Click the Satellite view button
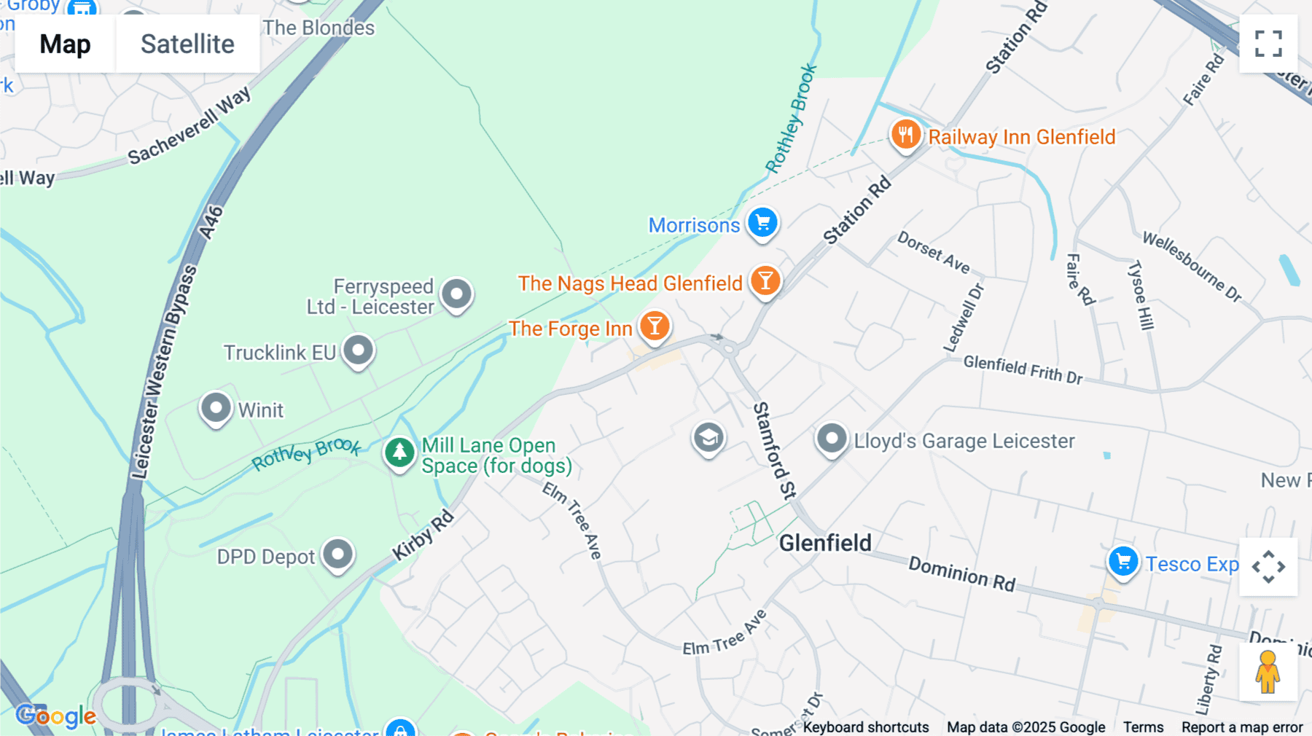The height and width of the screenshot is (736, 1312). tap(187, 44)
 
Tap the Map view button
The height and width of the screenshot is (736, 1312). tap(65, 44)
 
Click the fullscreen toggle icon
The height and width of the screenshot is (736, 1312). tap(1268, 44)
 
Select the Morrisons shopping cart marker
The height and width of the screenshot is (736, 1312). tap(762, 222)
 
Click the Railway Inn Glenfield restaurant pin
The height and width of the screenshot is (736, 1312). tap(905, 135)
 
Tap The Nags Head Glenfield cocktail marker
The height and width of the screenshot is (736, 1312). tap(765, 281)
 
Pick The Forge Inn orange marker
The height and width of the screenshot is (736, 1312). tap(655, 326)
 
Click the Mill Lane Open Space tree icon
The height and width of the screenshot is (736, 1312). tap(399, 453)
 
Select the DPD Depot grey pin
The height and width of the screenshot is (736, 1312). tap(337, 555)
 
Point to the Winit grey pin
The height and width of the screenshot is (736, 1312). tap(216, 407)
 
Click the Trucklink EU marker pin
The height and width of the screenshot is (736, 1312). tap(358, 350)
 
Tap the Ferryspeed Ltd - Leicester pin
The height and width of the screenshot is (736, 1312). tap(457, 294)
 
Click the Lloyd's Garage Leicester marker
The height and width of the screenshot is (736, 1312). tap(831, 439)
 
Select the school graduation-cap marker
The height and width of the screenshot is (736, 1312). tap(708, 438)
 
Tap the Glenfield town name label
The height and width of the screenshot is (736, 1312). tap(824, 543)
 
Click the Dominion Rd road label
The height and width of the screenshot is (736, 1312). tap(961, 573)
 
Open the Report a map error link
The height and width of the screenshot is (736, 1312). tap(1241, 727)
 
